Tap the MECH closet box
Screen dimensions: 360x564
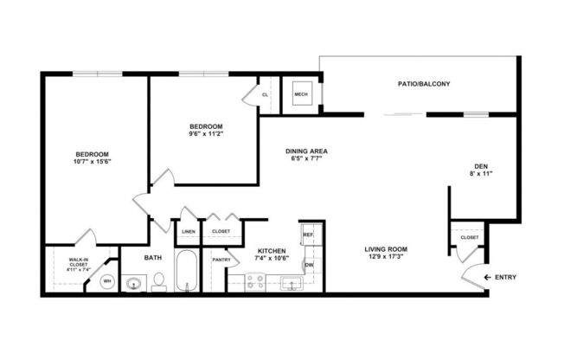[x=301, y=95]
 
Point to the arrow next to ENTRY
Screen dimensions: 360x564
[x=489, y=277]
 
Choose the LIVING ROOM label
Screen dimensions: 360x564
[x=386, y=249]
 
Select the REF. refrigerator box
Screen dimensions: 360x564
[x=307, y=233]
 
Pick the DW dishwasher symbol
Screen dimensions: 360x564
[x=308, y=265]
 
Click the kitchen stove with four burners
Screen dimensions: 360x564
[x=256, y=281]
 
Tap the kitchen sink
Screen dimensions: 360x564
[x=291, y=282]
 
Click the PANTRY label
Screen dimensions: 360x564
[x=221, y=260]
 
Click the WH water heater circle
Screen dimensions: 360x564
[x=108, y=281]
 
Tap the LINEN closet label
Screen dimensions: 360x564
[x=189, y=231]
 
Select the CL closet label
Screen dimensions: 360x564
[x=266, y=94]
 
